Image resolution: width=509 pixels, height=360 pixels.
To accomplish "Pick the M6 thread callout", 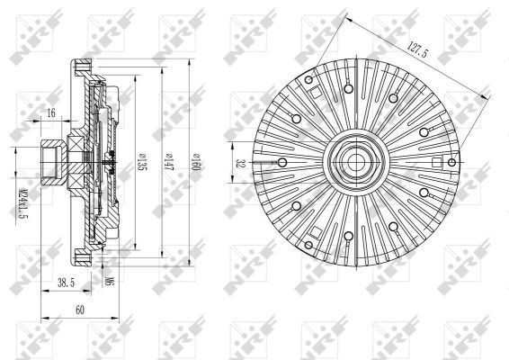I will (x=108, y=281).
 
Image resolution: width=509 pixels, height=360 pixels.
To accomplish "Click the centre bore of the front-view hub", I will (x=351, y=163).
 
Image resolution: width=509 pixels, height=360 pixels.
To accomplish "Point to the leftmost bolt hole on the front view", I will (x=282, y=163).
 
